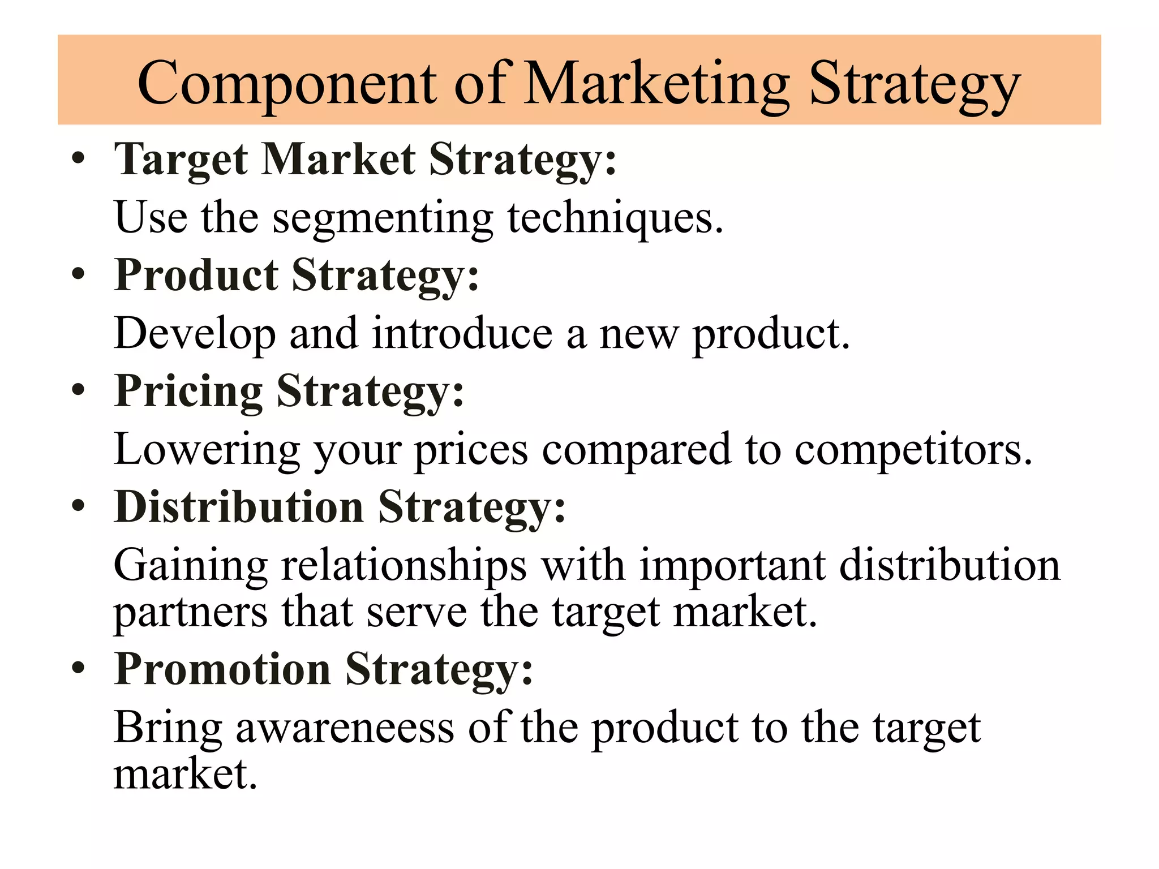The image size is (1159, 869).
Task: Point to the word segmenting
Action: click(383, 219)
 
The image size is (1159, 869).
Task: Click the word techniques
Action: click(615, 219)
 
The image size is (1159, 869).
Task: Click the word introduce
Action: click(462, 334)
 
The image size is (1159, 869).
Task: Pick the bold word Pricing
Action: click(188, 392)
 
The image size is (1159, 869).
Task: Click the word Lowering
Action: click(207, 450)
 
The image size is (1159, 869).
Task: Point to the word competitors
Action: click(913, 450)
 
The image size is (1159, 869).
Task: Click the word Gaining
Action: click(191, 566)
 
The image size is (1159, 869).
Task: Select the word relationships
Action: click(404, 566)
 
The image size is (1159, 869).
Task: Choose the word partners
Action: click(191, 613)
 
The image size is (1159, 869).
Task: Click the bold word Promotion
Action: click(222, 669)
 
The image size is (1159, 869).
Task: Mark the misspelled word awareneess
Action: click(345, 728)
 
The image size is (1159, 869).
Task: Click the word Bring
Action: click(168, 729)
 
